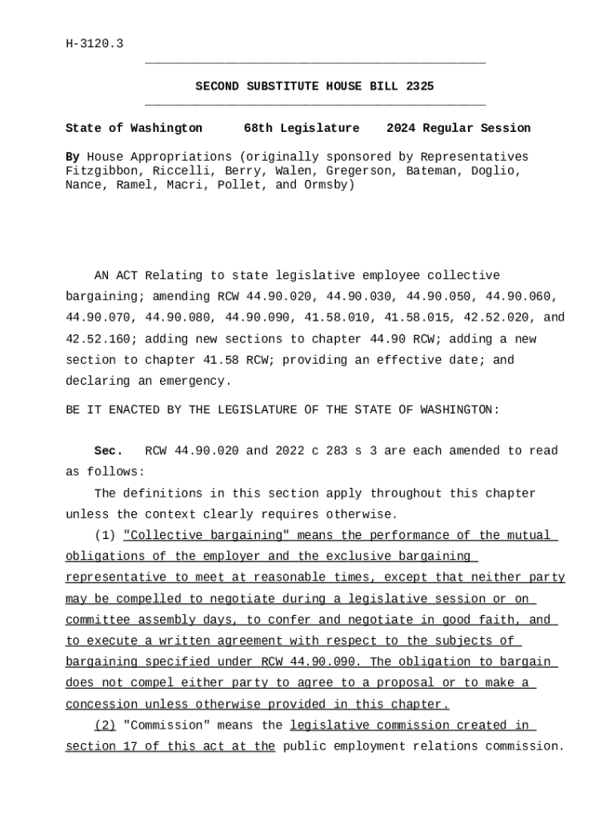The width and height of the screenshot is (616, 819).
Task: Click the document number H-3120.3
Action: [x=94, y=43]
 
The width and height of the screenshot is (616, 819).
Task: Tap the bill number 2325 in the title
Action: [x=420, y=86]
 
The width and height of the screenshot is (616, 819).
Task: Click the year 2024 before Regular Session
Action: [x=401, y=128]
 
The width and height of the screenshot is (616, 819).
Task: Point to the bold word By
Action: [x=73, y=157]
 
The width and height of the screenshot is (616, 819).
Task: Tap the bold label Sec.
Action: [x=109, y=451]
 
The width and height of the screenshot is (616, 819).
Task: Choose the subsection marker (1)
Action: [x=105, y=535]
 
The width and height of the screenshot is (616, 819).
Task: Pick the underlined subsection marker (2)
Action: [x=105, y=725]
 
